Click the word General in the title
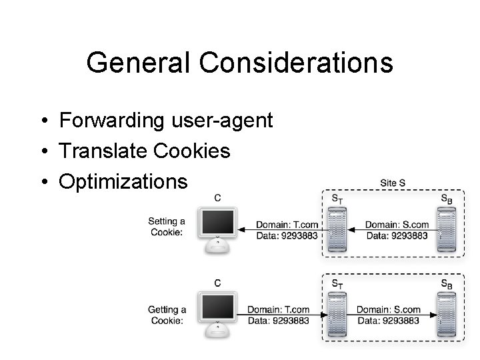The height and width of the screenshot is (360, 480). click(138, 62)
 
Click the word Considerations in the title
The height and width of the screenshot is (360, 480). click(296, 62)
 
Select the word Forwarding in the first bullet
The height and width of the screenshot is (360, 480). click(112, 120)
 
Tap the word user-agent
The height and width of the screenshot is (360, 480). click(222, 121)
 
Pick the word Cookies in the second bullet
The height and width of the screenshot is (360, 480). click(191, 151)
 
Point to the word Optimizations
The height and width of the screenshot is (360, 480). click(123, 182)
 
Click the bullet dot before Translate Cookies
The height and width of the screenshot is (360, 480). click(45, 151)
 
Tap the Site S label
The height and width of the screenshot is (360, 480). click(393, 183)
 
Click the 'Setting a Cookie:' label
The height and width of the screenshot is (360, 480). click(167, 227)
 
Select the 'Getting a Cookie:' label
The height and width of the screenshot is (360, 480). click(167, 315)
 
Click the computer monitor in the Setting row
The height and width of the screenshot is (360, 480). click(217, 230)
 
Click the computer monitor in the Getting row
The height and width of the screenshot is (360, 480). click(217, 315)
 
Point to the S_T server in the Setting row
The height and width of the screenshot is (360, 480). click(337, 229)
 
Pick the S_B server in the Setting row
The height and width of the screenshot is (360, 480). click(447, 229)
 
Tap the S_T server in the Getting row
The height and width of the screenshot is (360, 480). click(337, 315)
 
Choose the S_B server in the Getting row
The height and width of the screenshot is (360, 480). click(447, 315)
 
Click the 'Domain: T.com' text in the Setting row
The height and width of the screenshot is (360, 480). click(287, 225)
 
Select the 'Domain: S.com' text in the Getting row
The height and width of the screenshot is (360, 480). click(389, 309)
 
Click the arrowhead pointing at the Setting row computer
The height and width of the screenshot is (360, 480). click(241, 229)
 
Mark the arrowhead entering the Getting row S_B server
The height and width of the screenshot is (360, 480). click(433, 315)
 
